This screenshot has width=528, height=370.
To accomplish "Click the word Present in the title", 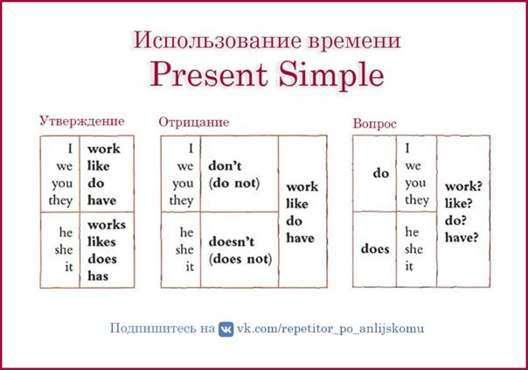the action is [209, 75].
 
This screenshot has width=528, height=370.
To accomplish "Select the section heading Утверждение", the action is [82, 122].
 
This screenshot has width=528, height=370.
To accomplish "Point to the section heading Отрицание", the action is [193, 122].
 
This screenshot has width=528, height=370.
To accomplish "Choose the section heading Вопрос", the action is [374, 124].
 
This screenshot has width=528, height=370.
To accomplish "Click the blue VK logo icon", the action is [226, 329].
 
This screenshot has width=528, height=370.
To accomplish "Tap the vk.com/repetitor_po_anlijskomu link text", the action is [330, 329].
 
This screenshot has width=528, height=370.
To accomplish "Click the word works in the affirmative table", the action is [107, 225].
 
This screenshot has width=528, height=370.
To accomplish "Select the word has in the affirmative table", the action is [98, 276].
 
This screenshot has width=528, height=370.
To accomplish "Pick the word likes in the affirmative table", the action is [101, 241].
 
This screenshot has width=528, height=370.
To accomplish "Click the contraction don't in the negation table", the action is [225, 166].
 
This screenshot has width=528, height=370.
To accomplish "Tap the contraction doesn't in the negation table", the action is [232, 241].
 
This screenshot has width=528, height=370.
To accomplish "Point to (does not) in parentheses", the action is [240, 259].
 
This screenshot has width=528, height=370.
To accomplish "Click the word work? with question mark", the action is [463, 186].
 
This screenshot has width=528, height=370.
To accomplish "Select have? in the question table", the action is [462, 238].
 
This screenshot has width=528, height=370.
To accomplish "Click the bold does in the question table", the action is [375, 249].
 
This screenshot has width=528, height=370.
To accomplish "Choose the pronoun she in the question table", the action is [413, 249].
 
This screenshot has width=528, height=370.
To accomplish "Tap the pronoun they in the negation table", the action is [181, 201].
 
